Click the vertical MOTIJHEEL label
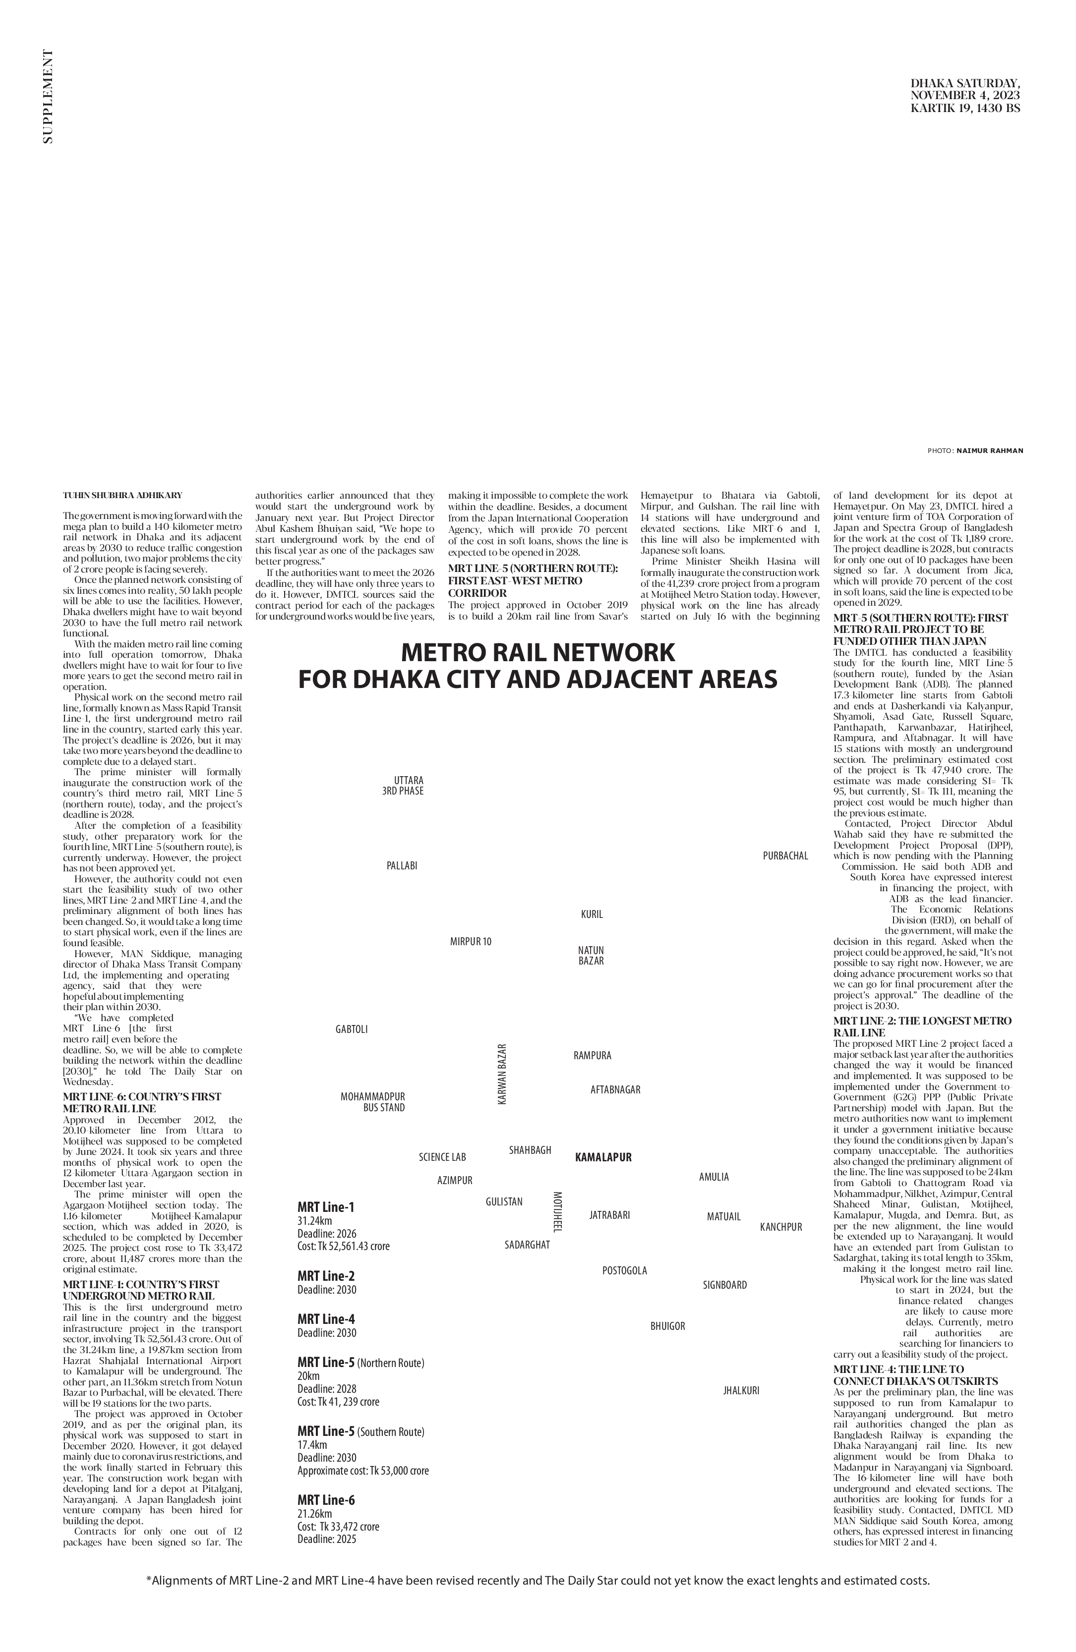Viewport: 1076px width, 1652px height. coord(557,1211)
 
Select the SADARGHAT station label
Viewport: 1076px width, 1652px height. coord(527,1245)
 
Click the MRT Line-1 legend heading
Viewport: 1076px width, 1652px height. coord(326,1206)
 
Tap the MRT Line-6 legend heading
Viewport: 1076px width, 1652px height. coord(326,1499)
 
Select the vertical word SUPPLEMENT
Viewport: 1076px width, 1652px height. coord(47,97)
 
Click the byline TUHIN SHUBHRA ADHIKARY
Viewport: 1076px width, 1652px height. coord(122,495)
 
